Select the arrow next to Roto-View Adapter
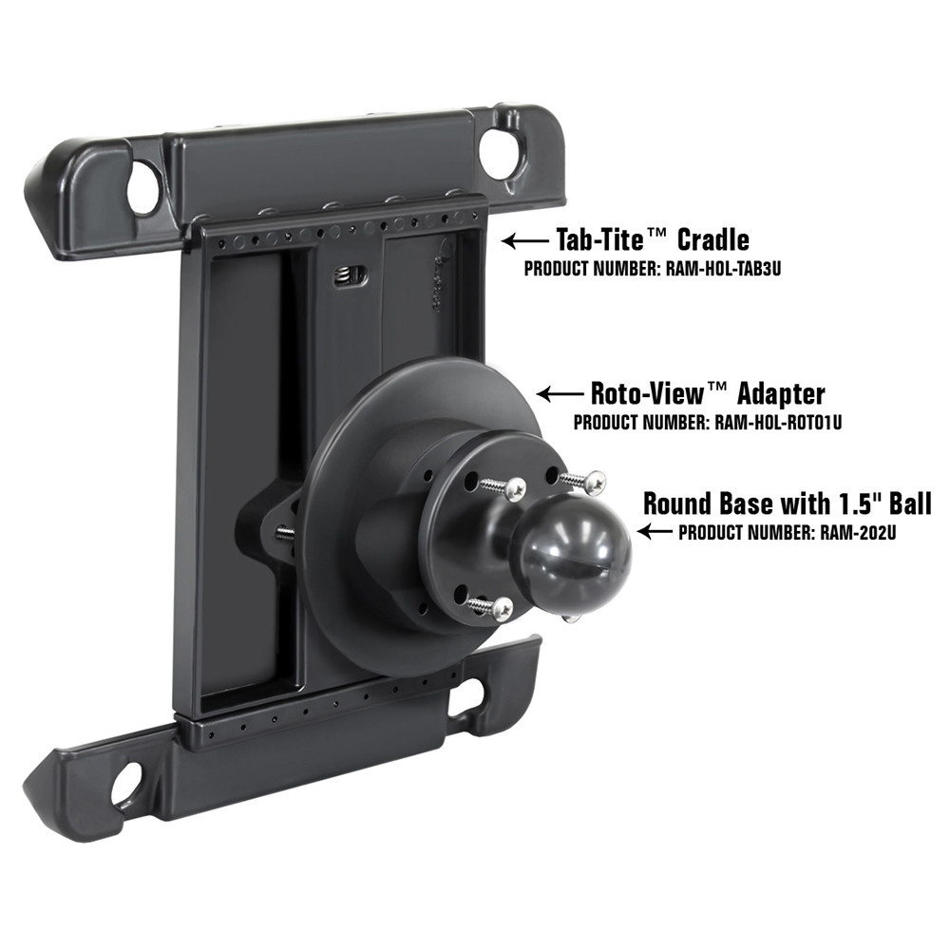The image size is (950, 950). coord(561,392)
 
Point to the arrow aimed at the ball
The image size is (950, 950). coord(656,532)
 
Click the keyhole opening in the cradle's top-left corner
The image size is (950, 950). coord(142,187)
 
